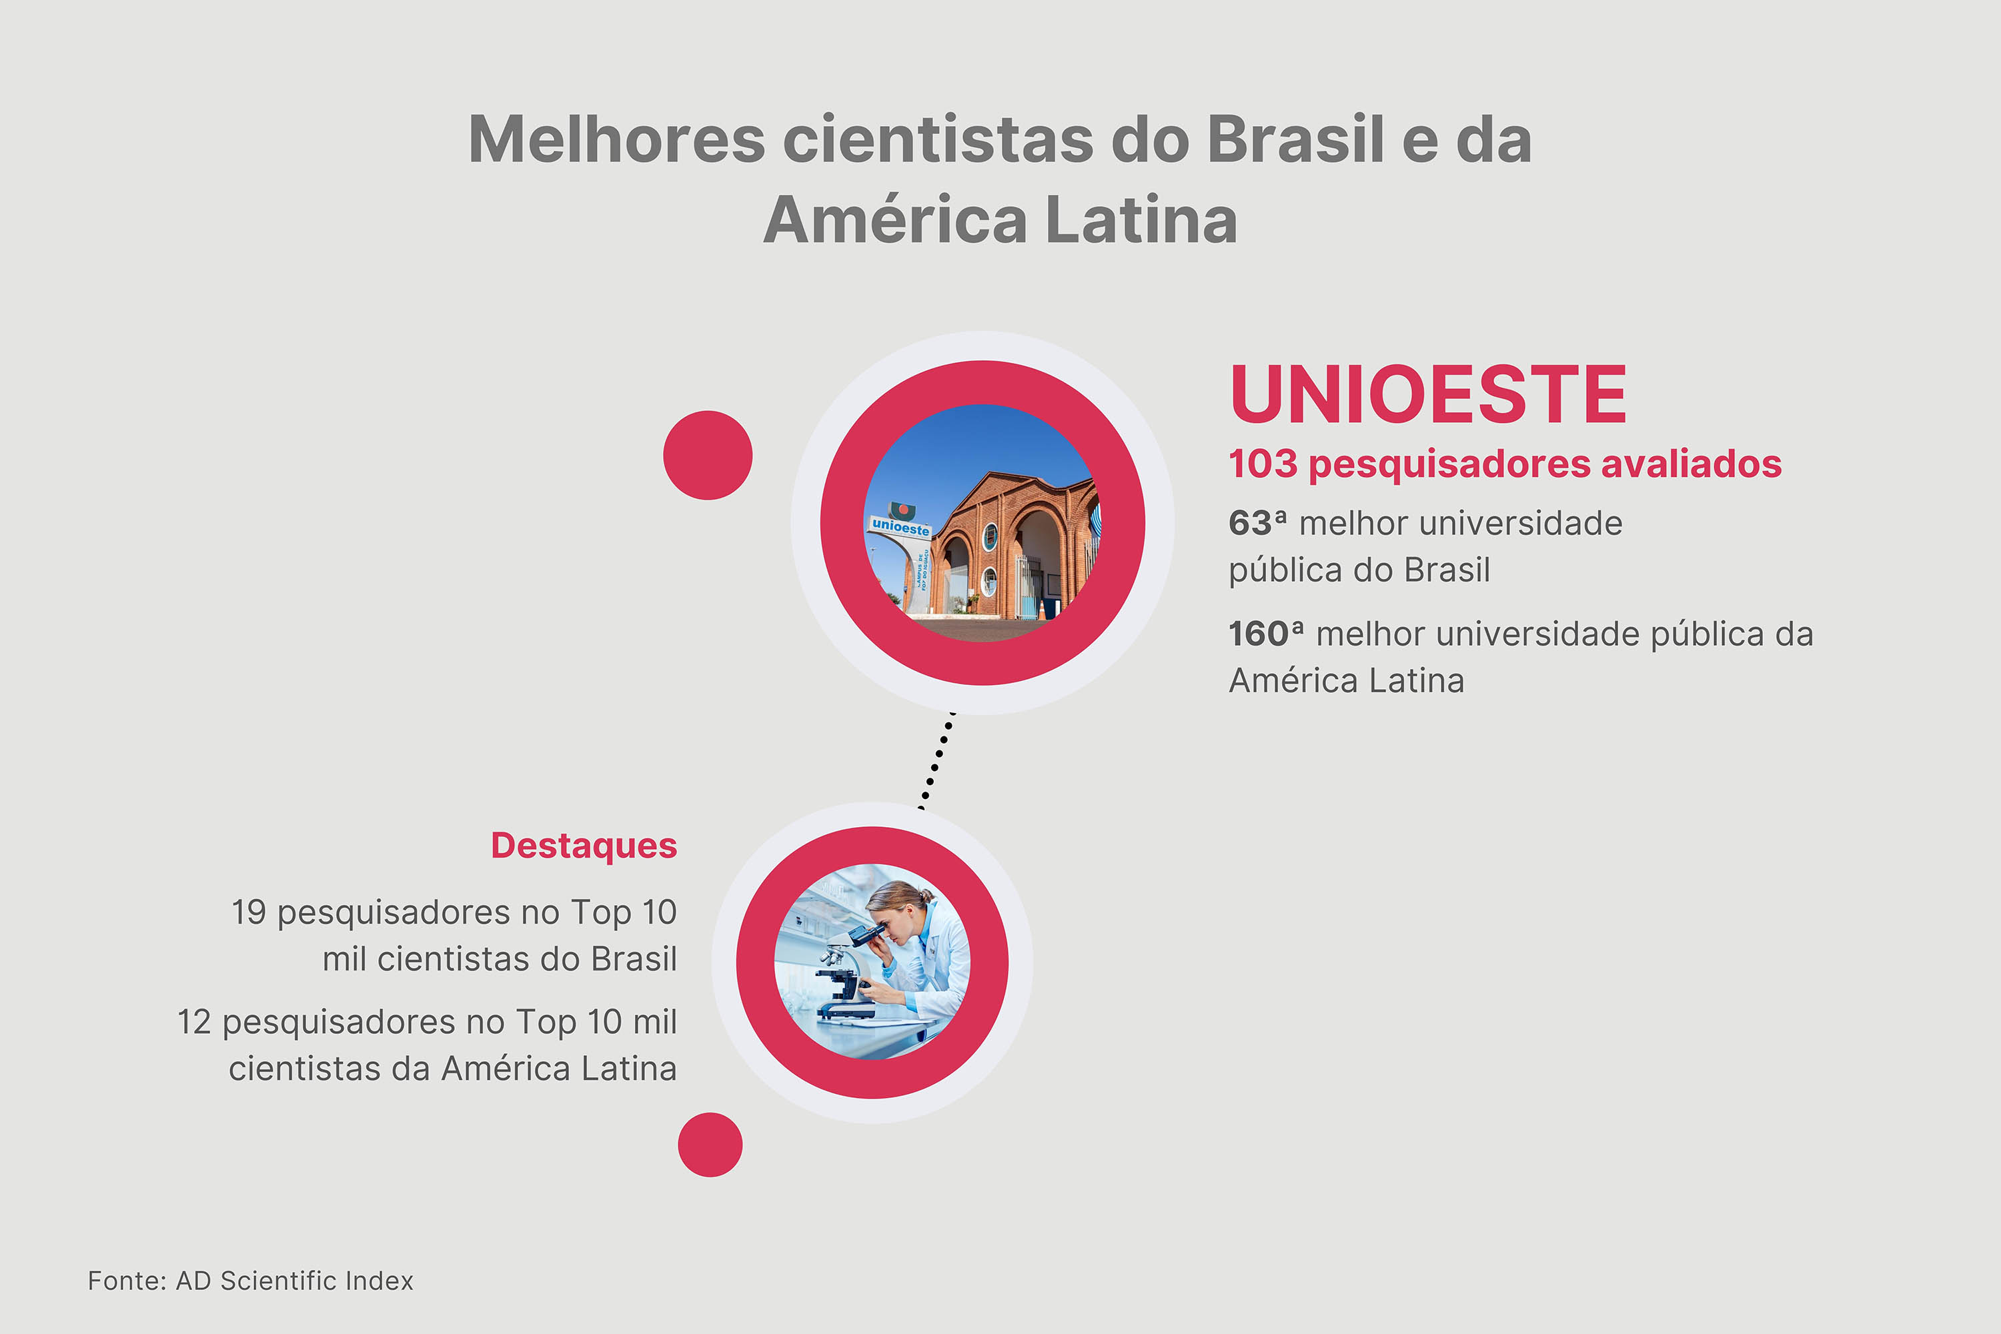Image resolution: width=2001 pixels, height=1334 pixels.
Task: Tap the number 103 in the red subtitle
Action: coord(1263,464)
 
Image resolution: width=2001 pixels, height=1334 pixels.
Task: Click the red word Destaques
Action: coord(584,846)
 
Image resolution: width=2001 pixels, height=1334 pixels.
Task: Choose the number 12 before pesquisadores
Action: coord(194,1023)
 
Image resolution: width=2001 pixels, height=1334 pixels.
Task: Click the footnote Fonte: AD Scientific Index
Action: coord(250,1281)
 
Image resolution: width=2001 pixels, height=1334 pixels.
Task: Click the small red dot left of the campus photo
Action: coord(708,455)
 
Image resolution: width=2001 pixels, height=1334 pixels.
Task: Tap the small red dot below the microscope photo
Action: coord(710,1145)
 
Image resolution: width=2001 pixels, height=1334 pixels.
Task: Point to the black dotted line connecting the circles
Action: coord(936,760)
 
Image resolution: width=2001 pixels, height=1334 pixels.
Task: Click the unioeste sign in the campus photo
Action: coord(900,527)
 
